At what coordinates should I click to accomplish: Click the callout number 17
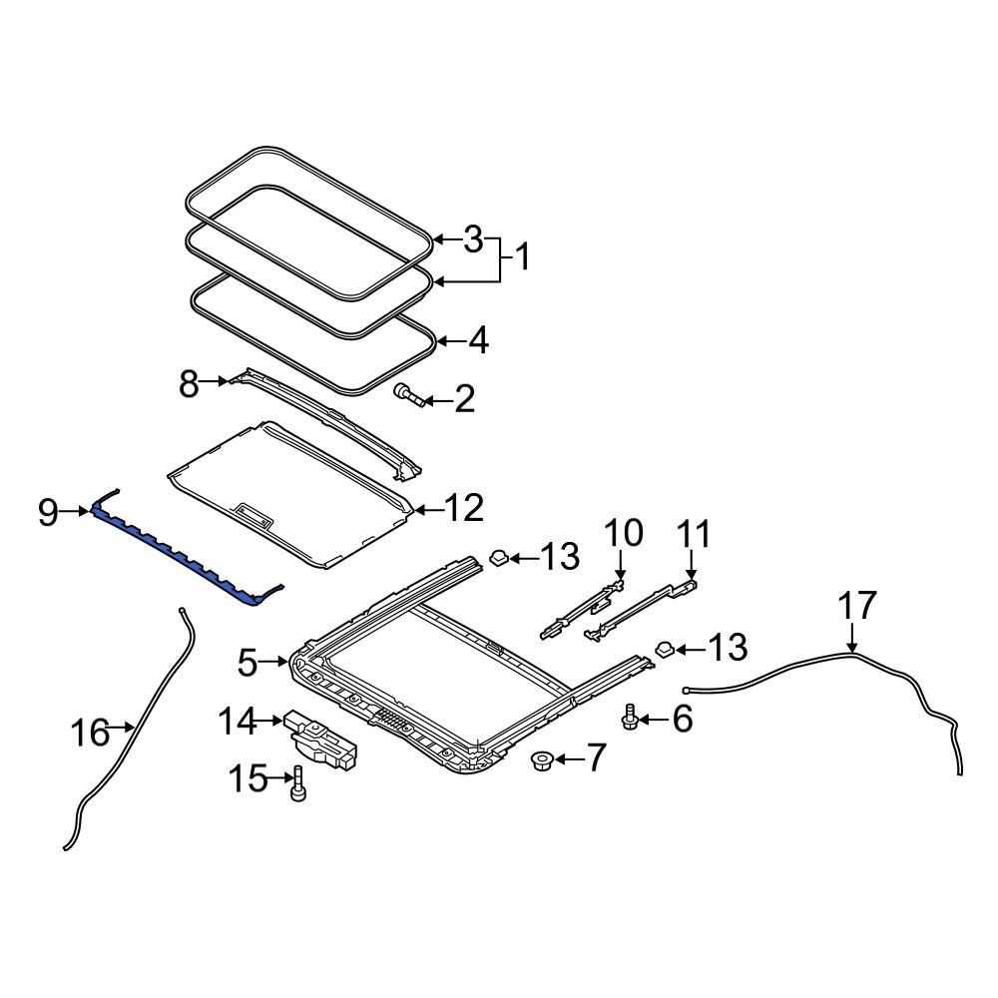click(857, 606)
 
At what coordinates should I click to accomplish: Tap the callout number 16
click(90, 733)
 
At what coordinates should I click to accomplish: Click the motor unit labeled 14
click(321, 739)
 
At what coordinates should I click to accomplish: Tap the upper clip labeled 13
click(500, 556)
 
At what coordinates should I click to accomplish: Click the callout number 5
click(248, 661)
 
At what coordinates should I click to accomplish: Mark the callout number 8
click(189, 382)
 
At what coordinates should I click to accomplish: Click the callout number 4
click(478, 341)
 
